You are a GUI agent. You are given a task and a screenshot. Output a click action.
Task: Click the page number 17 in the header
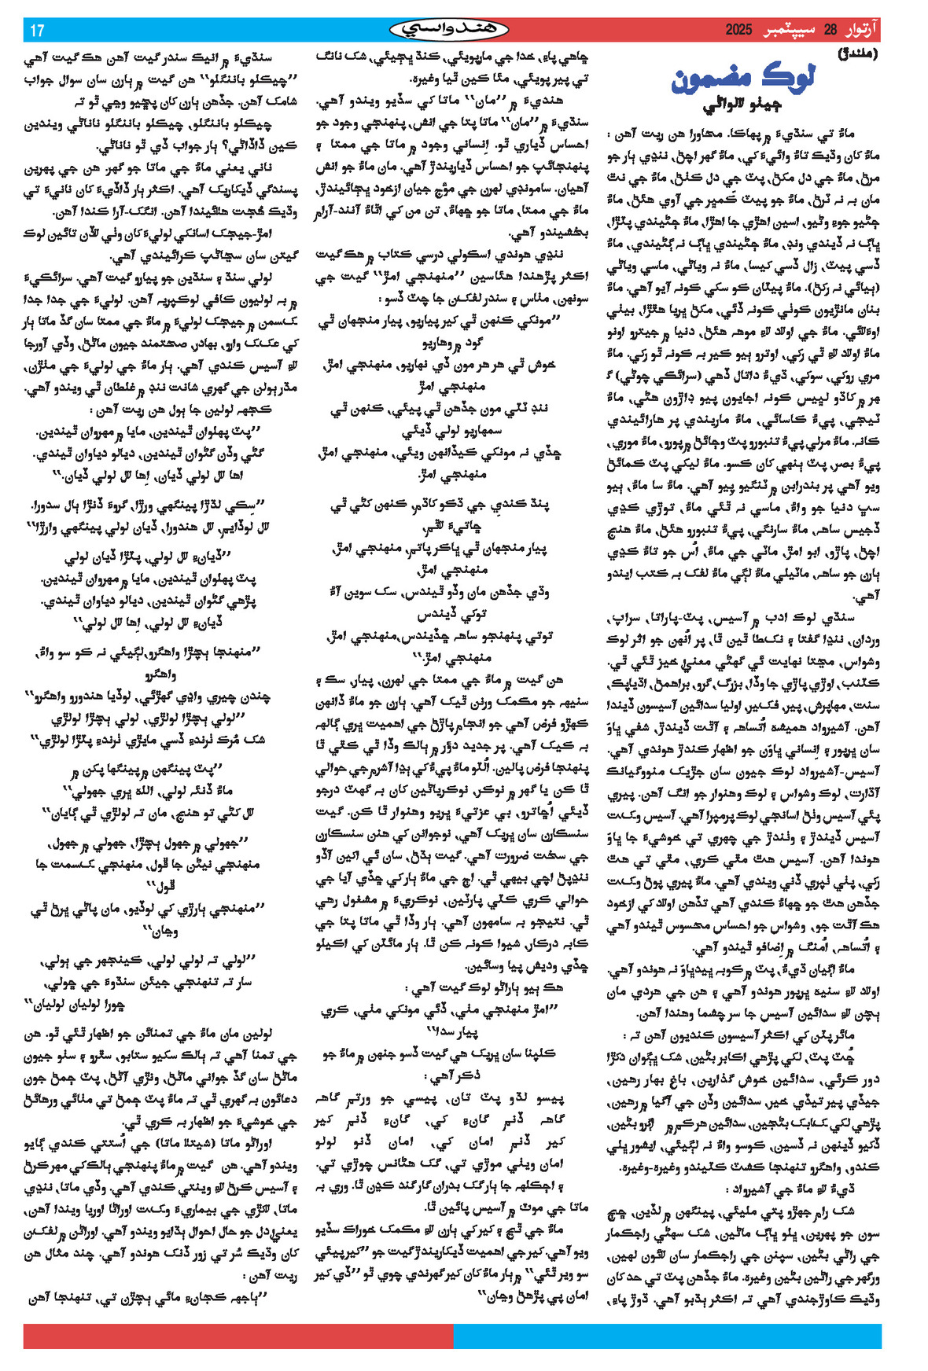point(37,31)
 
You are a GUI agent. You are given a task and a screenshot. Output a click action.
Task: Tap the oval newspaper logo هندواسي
point(449,30)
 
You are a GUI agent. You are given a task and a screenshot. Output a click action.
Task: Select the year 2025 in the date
point(738,31)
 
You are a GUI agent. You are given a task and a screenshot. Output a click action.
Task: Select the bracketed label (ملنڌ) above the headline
point(857,55)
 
